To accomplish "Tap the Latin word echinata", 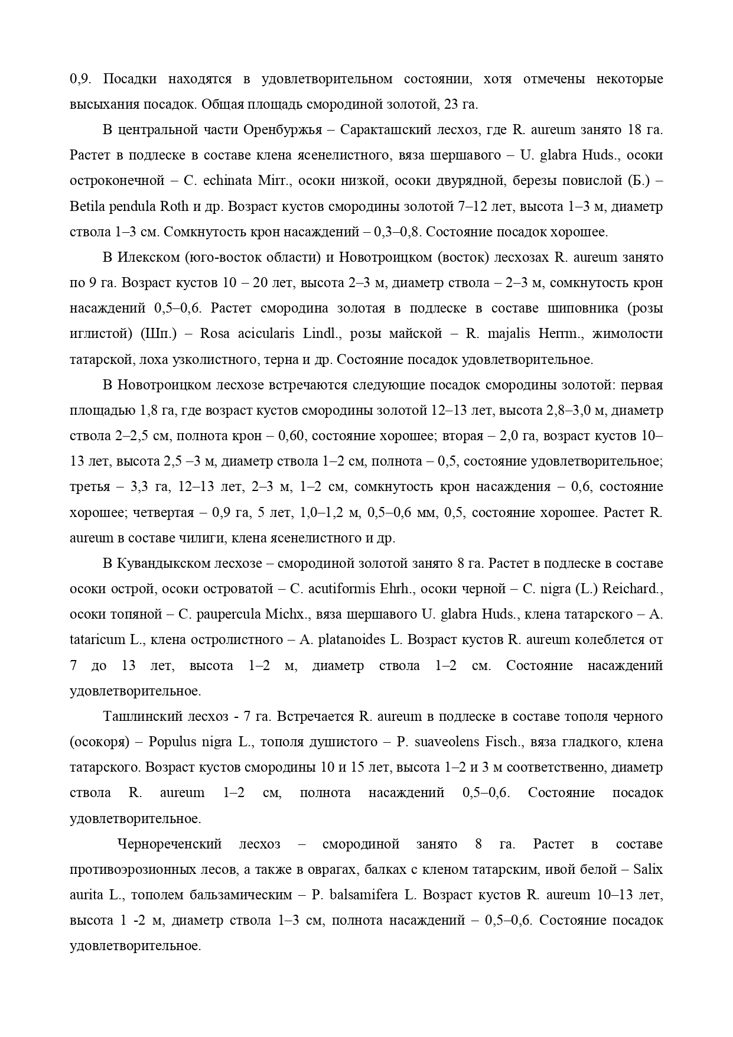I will [x=224, y=181].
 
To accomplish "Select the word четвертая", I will [x=164, y=512].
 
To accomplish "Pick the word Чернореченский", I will [x=170, y=844].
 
